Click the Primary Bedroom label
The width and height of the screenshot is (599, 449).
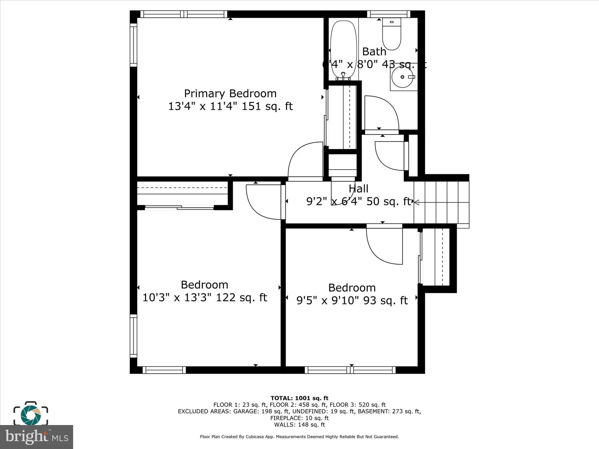tap(230, 94)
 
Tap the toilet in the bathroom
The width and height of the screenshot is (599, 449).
tap(391, 34)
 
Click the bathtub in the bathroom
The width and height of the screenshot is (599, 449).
tap(343, 48)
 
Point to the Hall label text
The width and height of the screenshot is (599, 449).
tap(358, 189)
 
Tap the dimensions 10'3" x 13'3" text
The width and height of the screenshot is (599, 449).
tap(204, 298)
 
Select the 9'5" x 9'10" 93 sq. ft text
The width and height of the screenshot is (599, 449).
tap(352, 301)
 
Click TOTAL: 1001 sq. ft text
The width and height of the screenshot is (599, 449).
tap(299, 398)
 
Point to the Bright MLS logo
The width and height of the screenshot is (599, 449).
tap(37, 437)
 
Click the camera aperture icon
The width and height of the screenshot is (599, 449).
tap(31, 414)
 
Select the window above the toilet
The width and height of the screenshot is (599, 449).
tap(389, 14)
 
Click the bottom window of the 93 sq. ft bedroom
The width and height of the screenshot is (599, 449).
tap(350, 370)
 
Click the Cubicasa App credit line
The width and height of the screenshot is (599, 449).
tap(299, 436)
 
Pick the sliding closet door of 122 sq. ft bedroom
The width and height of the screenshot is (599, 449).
tap(179, 208)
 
